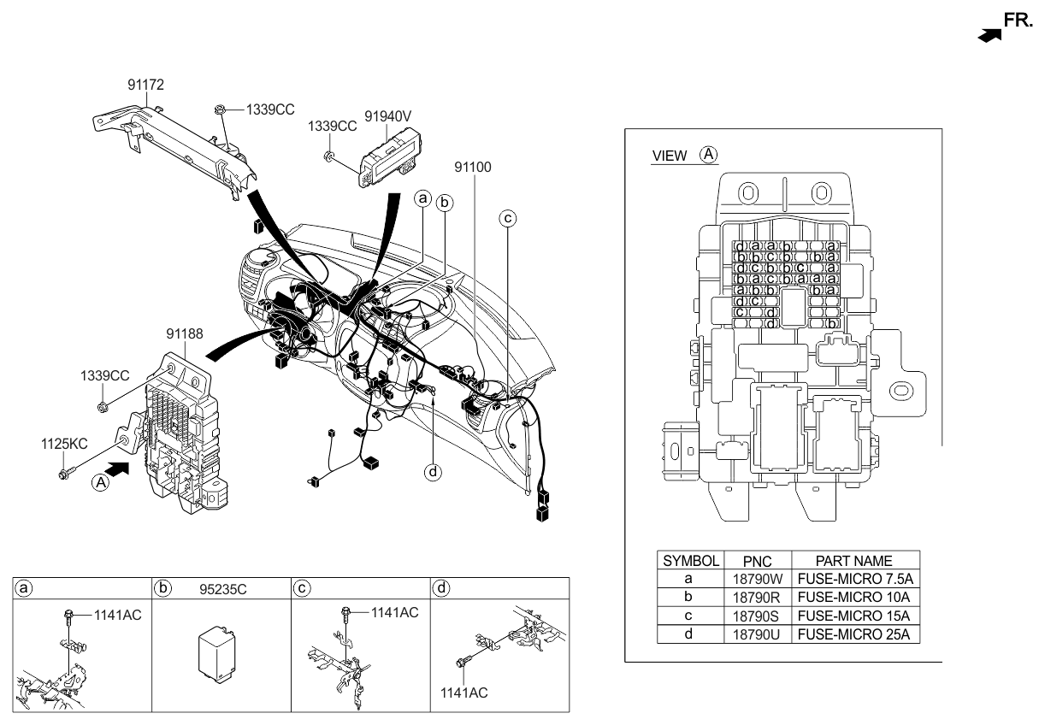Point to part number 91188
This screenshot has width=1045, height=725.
185,333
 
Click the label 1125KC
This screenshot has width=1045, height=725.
65,444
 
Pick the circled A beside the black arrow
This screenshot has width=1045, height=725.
101,482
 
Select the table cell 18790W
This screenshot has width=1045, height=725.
758,579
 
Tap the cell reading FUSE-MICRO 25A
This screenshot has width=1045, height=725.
855,634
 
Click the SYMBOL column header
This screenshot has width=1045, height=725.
690,561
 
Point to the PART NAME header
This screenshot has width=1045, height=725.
855,561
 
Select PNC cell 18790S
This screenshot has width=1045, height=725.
758,616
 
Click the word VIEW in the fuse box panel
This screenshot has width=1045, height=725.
670,156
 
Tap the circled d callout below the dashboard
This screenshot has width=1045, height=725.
434,471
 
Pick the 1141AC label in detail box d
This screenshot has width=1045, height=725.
465,692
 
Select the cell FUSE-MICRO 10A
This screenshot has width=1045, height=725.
855,597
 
